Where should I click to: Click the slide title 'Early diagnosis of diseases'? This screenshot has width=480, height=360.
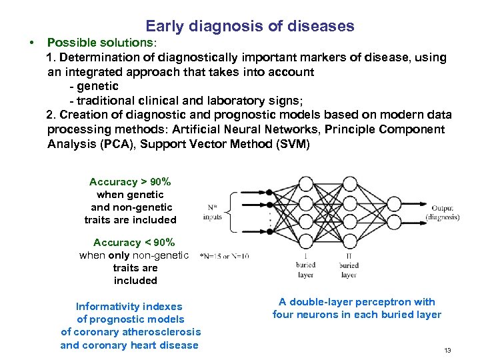(x=250, y=27)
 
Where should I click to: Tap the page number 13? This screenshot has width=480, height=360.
(x=447, y=350)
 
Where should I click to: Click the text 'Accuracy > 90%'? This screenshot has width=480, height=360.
(x=130, y=182)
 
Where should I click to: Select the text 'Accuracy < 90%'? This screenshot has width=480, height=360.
(x=134, y=243)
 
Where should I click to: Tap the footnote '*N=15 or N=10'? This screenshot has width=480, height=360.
(x=225, y=256)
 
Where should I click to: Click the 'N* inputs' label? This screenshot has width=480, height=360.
(x=213, y=212)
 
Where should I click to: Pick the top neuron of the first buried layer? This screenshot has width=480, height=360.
(x=305, y=183)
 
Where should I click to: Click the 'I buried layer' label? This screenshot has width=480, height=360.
(x=305, y=265)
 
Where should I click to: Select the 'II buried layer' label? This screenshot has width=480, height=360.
(x=349, y=265)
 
